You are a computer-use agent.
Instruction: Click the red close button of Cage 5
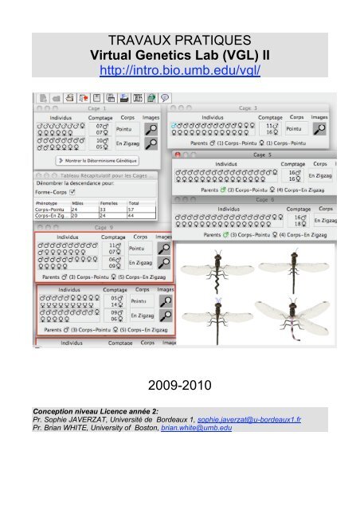tap(178, 154)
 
